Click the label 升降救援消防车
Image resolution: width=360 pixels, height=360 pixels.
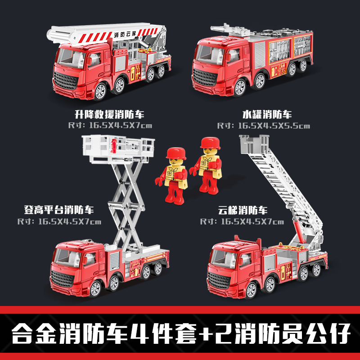[109, 115]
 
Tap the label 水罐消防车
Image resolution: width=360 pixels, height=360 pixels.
[267, 115]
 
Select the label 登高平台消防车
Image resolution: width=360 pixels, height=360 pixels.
[59, 210]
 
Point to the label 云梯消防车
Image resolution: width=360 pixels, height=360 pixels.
[243, 210]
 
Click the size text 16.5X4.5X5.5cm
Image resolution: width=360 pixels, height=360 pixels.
[274, 126]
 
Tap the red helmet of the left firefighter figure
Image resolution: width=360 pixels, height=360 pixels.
[176, 153]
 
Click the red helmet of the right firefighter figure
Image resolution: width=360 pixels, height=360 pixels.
[210, 143]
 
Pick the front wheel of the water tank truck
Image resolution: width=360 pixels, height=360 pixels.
[240, 87]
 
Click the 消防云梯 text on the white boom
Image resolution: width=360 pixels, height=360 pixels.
[125, 35]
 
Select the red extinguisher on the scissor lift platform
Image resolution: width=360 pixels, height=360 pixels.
[113, 145]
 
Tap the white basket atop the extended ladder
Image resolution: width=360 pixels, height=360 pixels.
[254, 144]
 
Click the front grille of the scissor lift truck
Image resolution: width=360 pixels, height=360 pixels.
[63, 279]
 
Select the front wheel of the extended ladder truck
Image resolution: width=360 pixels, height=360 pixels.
[252, 291]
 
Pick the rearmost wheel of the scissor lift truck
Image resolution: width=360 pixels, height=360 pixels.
[158, 269]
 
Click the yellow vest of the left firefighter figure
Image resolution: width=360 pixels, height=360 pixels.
[174, 175]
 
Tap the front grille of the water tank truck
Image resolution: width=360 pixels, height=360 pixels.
[205, 77]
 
